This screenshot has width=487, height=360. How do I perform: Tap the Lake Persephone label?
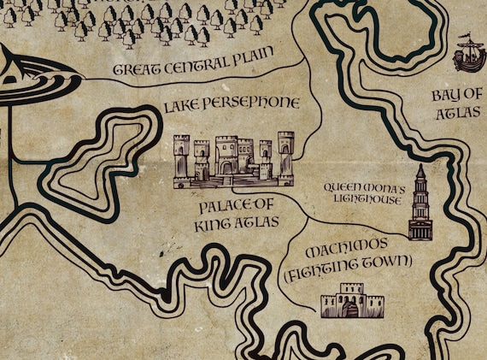[231, 103]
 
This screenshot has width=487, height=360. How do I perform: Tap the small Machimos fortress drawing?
[351, 301]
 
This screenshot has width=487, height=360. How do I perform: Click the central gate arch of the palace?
[226, 168]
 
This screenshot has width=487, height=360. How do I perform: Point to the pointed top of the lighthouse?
[420, 169]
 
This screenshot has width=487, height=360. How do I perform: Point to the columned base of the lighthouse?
[420, 227]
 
